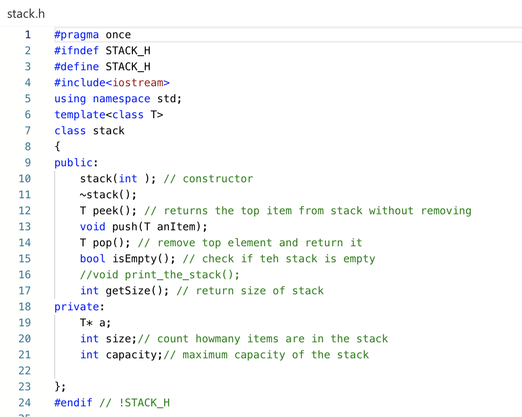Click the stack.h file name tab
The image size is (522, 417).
pos(26,14)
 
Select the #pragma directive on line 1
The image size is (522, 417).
pos(76,35)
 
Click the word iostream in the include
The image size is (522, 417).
pos(137,83)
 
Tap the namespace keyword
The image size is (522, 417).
pos(121,99)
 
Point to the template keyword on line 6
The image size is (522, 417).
pos(80,115)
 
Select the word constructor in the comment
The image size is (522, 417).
pos(218,179)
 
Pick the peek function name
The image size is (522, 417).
pos(105,211)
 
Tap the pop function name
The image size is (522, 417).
pos(102,243)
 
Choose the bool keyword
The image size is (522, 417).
pos(92,259)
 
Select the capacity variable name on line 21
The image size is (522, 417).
pos(131,355)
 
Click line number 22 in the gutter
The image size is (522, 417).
pos(24,371)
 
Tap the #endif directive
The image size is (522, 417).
pos(73,403)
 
